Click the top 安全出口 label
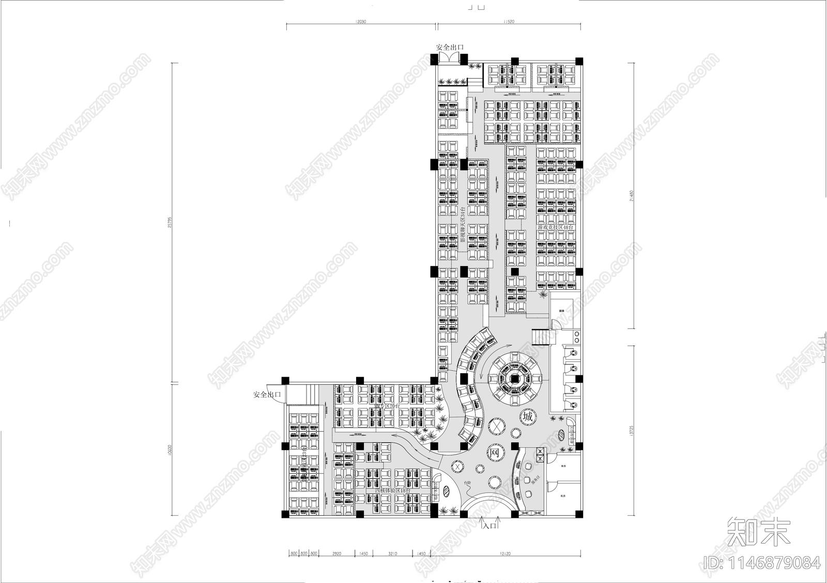(450, 47)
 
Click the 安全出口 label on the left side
(267, 395)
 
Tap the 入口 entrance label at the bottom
(489, 525)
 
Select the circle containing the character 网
(495, 453)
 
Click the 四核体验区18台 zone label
(392, 490)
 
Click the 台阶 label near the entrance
(467, 483)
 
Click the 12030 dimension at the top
(361, 22)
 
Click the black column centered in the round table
(515, 379)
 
